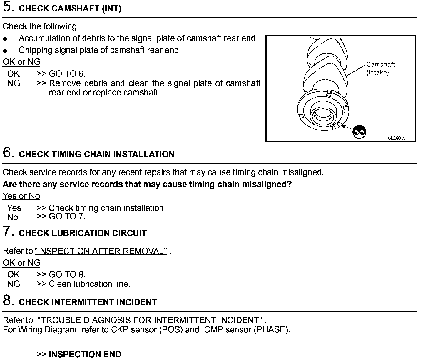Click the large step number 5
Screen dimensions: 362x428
pyautogui.click(x=8, y=7)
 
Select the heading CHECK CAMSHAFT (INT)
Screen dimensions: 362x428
pyautogui.click(x=70, y=9)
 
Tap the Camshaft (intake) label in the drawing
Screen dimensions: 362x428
pyautogui.click(x=380, y=68)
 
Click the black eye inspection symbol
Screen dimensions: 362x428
pyautogui.click(x=359, y=132)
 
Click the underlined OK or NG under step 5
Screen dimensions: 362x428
pyautogui.click(x=21, y=62)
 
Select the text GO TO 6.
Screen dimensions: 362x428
pyautogui.click(x=67, y=74)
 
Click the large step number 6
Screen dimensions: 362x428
pyautogui.click(x=8, y=152)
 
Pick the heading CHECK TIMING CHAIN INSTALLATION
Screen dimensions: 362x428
pyautogui.click(x=97, y=155)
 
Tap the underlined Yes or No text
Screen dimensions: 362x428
pyautogui.click(x=21, y=196)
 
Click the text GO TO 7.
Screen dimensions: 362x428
pyautogui.click(x=67, y=217)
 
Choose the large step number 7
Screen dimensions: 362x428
pyautogui.click(x=8, y=231)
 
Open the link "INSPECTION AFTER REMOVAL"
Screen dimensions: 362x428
pyautogui.click(x=101, y=251)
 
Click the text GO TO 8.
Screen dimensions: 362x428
pyautogui.click(x=67, y=274)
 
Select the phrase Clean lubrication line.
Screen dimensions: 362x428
pyautogui.click(x=89, y=284)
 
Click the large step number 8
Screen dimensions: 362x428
pyautogui.click(x=8, y=301)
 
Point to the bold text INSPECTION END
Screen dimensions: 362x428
pyautogui.click(x=85, y=354)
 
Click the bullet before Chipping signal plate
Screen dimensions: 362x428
pyautogui.click(x=5, y=51)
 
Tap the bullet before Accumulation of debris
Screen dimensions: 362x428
pyautogui.click(x=5, y=39)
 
